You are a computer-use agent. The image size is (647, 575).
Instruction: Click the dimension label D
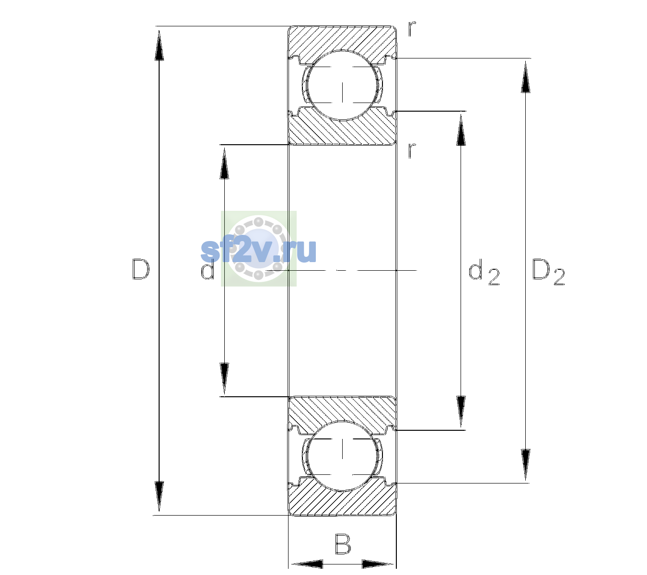141,269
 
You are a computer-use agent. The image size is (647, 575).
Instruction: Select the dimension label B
343,543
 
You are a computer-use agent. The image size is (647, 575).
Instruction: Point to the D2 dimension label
548,272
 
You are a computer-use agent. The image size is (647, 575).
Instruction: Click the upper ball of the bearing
342,85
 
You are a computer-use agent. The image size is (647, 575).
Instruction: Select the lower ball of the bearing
342,456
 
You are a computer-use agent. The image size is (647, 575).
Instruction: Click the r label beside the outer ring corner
412,29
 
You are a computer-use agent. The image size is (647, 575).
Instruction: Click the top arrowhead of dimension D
159,46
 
